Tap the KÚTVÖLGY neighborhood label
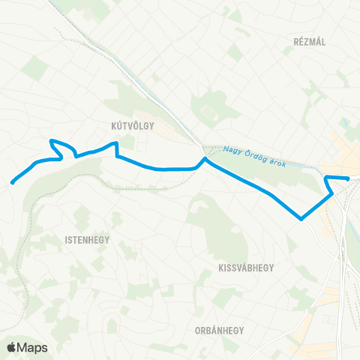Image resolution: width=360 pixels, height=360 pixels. [x=131, y=127]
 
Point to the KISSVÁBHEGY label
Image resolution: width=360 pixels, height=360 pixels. [x=244, y=268]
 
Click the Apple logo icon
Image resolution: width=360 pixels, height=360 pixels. [x=12, y=347]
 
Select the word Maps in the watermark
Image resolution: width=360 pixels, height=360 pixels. [x=32, y=347]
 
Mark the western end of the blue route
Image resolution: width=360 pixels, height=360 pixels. [x=12, y=181]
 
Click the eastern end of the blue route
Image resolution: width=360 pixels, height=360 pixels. [x=349, y=178]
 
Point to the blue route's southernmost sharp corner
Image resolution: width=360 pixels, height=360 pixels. [x=301, y=219]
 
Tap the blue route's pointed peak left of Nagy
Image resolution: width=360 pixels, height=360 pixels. [x=204, y=158]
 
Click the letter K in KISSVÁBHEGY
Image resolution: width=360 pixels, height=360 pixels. [x=220, y=268]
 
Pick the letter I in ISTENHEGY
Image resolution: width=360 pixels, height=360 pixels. [x=57, y=240]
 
